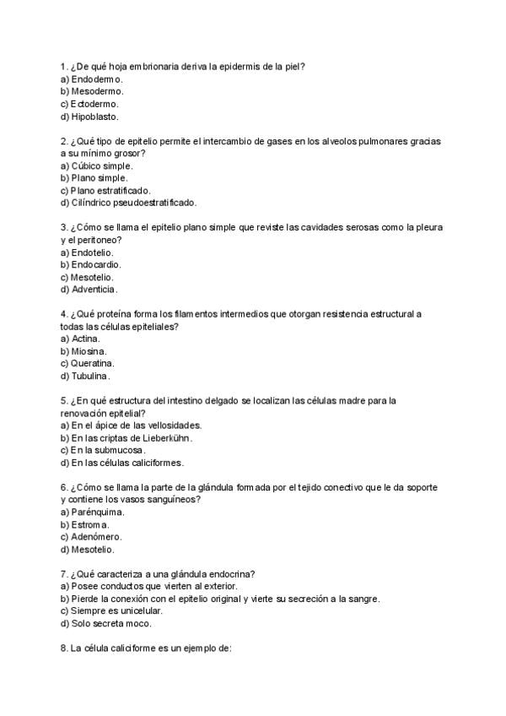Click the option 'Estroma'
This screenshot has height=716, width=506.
(90, 524)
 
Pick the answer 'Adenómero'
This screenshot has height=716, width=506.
(96, 537)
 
